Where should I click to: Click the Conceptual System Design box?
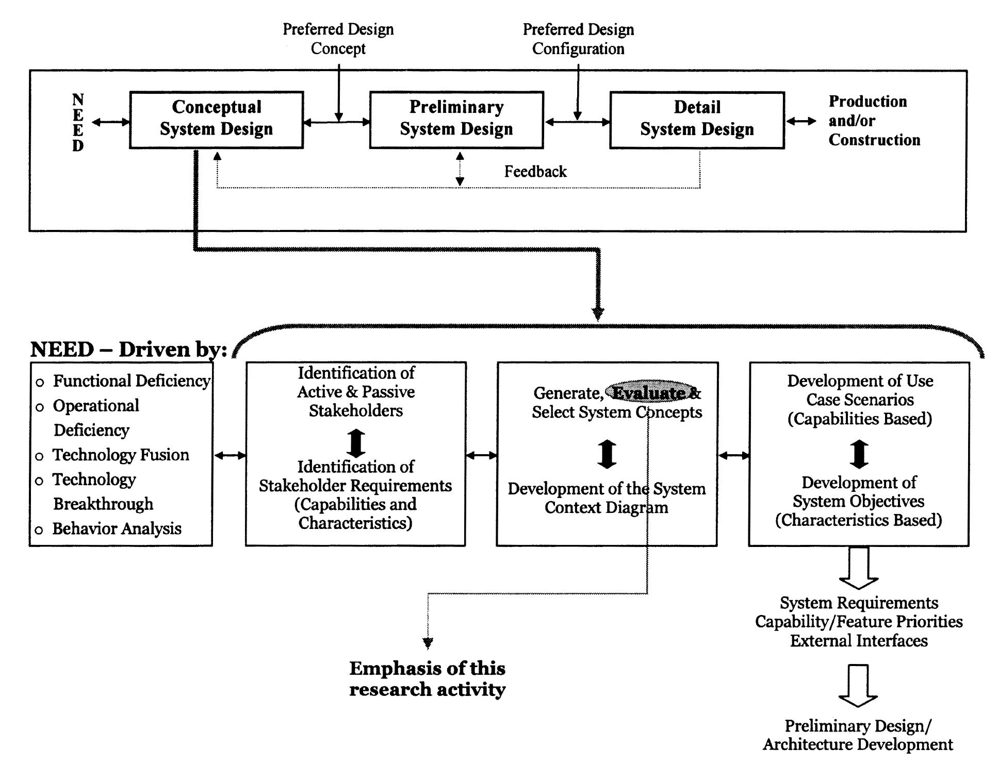(216, 120)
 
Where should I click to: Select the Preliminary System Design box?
(456, 120)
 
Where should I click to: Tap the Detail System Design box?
(697, 120)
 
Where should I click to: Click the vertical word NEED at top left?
(78, 122)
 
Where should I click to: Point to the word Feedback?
(535, 171)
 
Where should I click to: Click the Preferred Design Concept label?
(338, 39)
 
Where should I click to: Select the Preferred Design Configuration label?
(578, 39)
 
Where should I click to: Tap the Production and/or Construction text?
(874, 121)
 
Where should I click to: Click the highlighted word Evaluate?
(648, 393)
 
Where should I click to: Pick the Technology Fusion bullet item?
(121, 455)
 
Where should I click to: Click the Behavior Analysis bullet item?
(117, 528)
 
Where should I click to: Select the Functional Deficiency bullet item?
(131, 381)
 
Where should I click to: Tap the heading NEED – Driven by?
(129, 350)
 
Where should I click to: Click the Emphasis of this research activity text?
(427, 678)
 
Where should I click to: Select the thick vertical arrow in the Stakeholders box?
(356, 443)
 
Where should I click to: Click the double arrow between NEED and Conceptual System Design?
(111, 122)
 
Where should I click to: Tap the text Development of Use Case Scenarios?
(860, 390)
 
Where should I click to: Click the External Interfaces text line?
(859, 641)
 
